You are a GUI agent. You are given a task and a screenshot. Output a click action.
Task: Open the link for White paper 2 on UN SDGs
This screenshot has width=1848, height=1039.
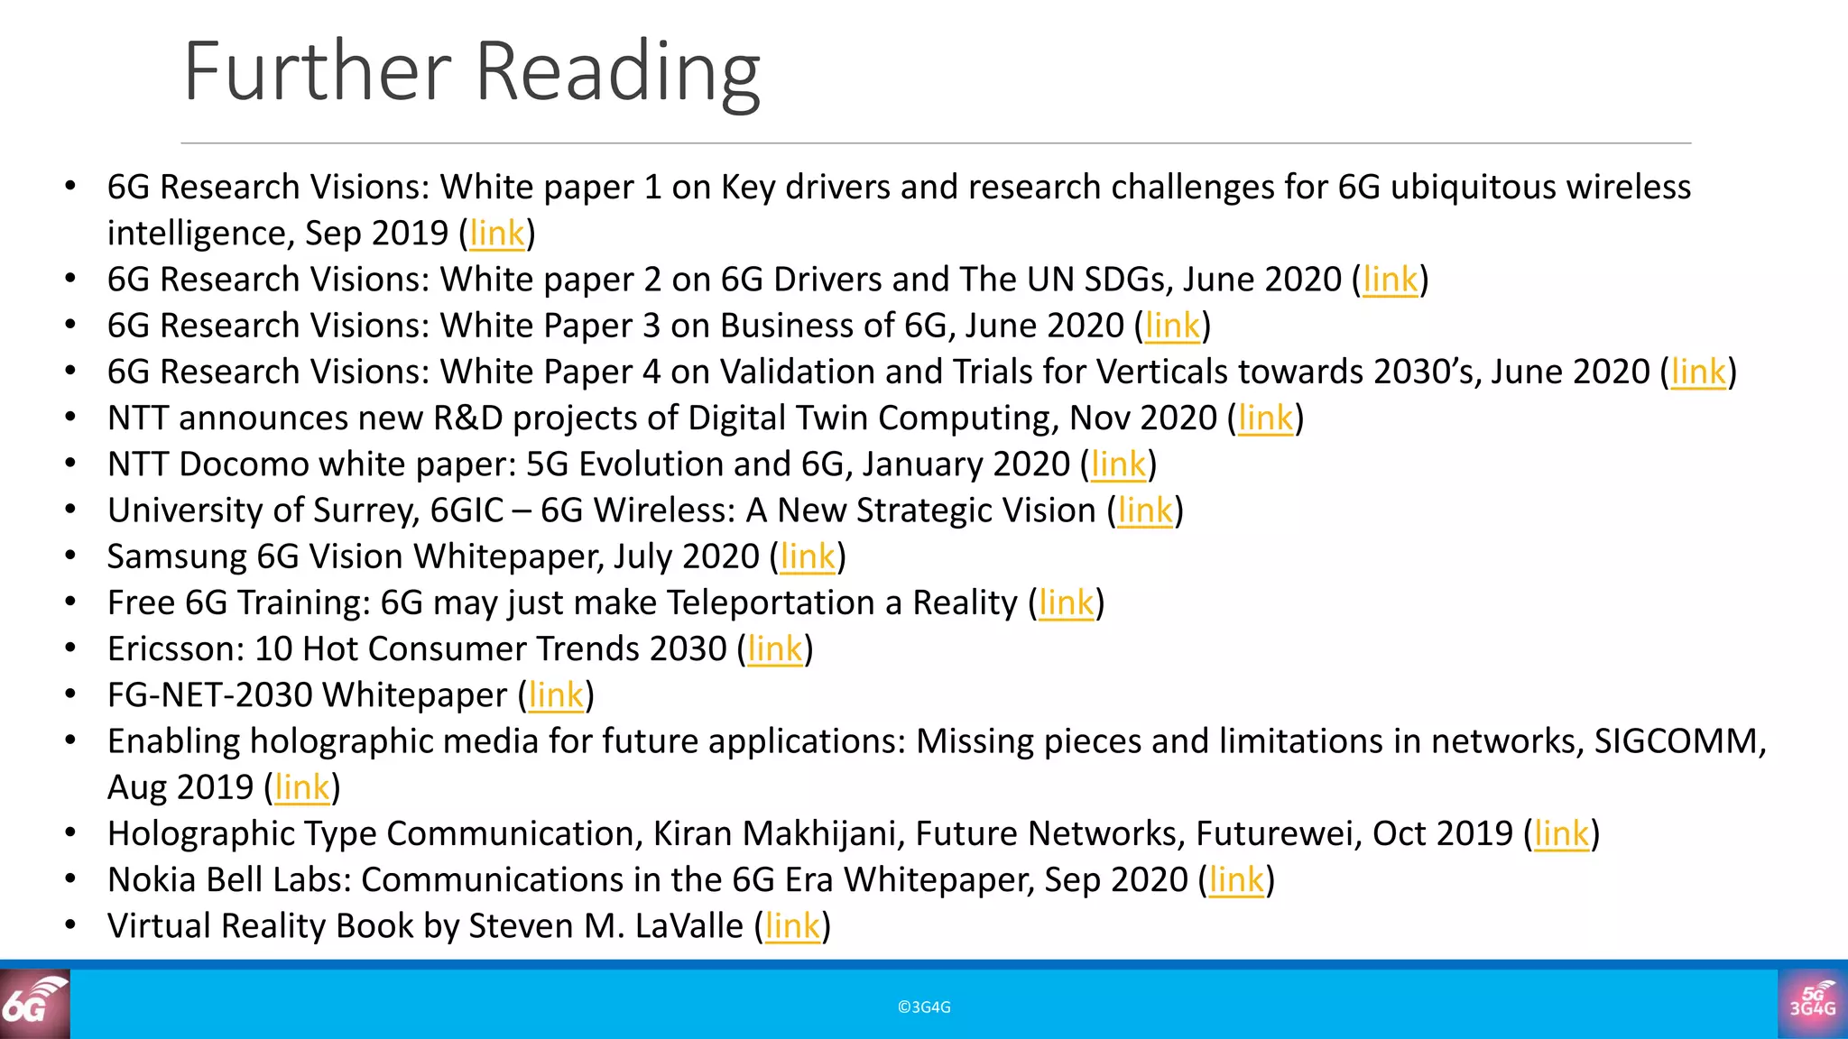coord(1390,280)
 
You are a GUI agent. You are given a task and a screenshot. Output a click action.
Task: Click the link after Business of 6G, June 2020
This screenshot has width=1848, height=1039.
coord(1172,326)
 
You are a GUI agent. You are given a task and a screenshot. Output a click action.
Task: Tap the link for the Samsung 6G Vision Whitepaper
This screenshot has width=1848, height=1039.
coord(808,556)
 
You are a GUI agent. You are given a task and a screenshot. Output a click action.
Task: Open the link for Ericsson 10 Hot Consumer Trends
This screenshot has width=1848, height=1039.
coord(775,648)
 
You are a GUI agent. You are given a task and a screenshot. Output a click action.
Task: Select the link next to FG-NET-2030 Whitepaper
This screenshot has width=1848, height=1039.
coord(556,695)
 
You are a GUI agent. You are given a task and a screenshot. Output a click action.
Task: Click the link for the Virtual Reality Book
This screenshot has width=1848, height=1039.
coord(792,926)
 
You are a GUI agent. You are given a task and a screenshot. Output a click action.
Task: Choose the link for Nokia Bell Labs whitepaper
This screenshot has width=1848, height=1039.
coord(1236,879)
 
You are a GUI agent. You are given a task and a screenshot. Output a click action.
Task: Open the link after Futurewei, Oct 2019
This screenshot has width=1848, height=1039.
coord(1561,833)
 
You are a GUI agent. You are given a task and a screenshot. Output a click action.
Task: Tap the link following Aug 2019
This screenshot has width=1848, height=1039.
coord(302,787)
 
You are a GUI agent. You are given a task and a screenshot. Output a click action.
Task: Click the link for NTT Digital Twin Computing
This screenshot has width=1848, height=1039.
coord(1265,418)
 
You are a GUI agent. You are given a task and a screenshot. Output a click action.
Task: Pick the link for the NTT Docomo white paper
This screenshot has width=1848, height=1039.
coord(1118,464)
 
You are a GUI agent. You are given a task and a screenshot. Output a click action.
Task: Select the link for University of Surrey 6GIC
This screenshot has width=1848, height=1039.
coord(1145,510)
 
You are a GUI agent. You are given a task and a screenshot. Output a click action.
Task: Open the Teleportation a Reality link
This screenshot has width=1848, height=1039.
coord(1066,602)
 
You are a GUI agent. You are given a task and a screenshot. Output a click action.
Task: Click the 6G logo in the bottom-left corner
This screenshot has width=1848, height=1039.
coord(34,1004)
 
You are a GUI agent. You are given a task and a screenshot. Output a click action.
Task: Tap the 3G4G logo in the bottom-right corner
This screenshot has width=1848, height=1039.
coord(1812,1004)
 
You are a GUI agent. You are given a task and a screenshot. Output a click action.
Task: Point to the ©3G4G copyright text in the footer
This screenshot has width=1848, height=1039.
coord(924,1007)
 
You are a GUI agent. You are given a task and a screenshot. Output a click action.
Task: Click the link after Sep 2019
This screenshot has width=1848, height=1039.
coord(496,234)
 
